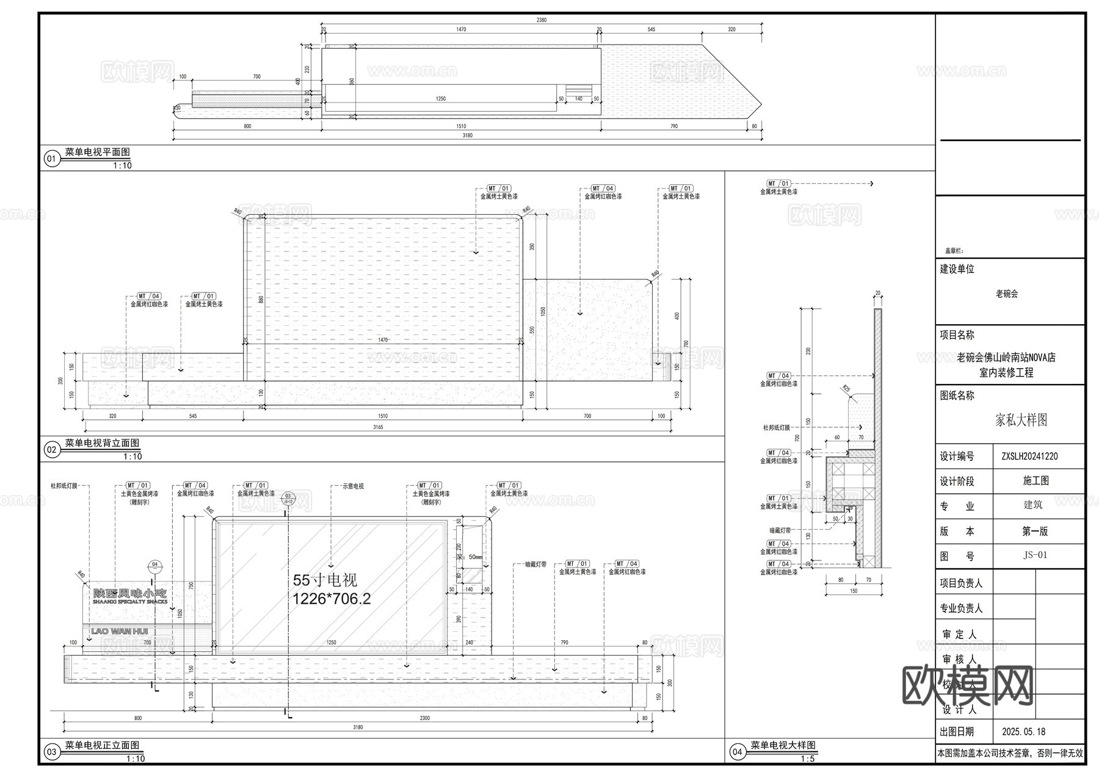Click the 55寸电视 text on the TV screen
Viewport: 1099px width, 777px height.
point(325,580)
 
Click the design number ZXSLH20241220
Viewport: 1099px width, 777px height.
point(1029,456)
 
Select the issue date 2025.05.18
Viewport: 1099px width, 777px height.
point(1023,731)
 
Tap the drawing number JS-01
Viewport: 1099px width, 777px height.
point(1035,555)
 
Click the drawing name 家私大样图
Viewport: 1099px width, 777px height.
point(1021,420)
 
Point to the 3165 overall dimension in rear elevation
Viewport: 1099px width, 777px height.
point(378,427)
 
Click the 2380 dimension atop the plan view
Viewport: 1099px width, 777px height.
point(541,20)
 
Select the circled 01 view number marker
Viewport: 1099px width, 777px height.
point(51,160)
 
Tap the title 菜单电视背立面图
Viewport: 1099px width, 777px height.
point(102,443)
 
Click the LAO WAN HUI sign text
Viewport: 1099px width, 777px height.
point(120,631)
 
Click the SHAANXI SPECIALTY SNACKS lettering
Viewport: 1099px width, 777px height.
point(129,602)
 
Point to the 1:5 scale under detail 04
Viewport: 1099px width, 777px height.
point(807,759)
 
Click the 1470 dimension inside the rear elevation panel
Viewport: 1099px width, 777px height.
point(383,340)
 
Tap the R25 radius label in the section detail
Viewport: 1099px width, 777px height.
point(846,388)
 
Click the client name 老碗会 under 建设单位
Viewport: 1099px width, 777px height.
point(1007,294)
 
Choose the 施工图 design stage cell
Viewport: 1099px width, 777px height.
point(1036,481)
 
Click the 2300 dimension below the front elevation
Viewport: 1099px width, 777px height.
point(424,718)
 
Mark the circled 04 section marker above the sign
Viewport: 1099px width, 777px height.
point(155,565)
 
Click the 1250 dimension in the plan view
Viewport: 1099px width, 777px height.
point(440,98)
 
